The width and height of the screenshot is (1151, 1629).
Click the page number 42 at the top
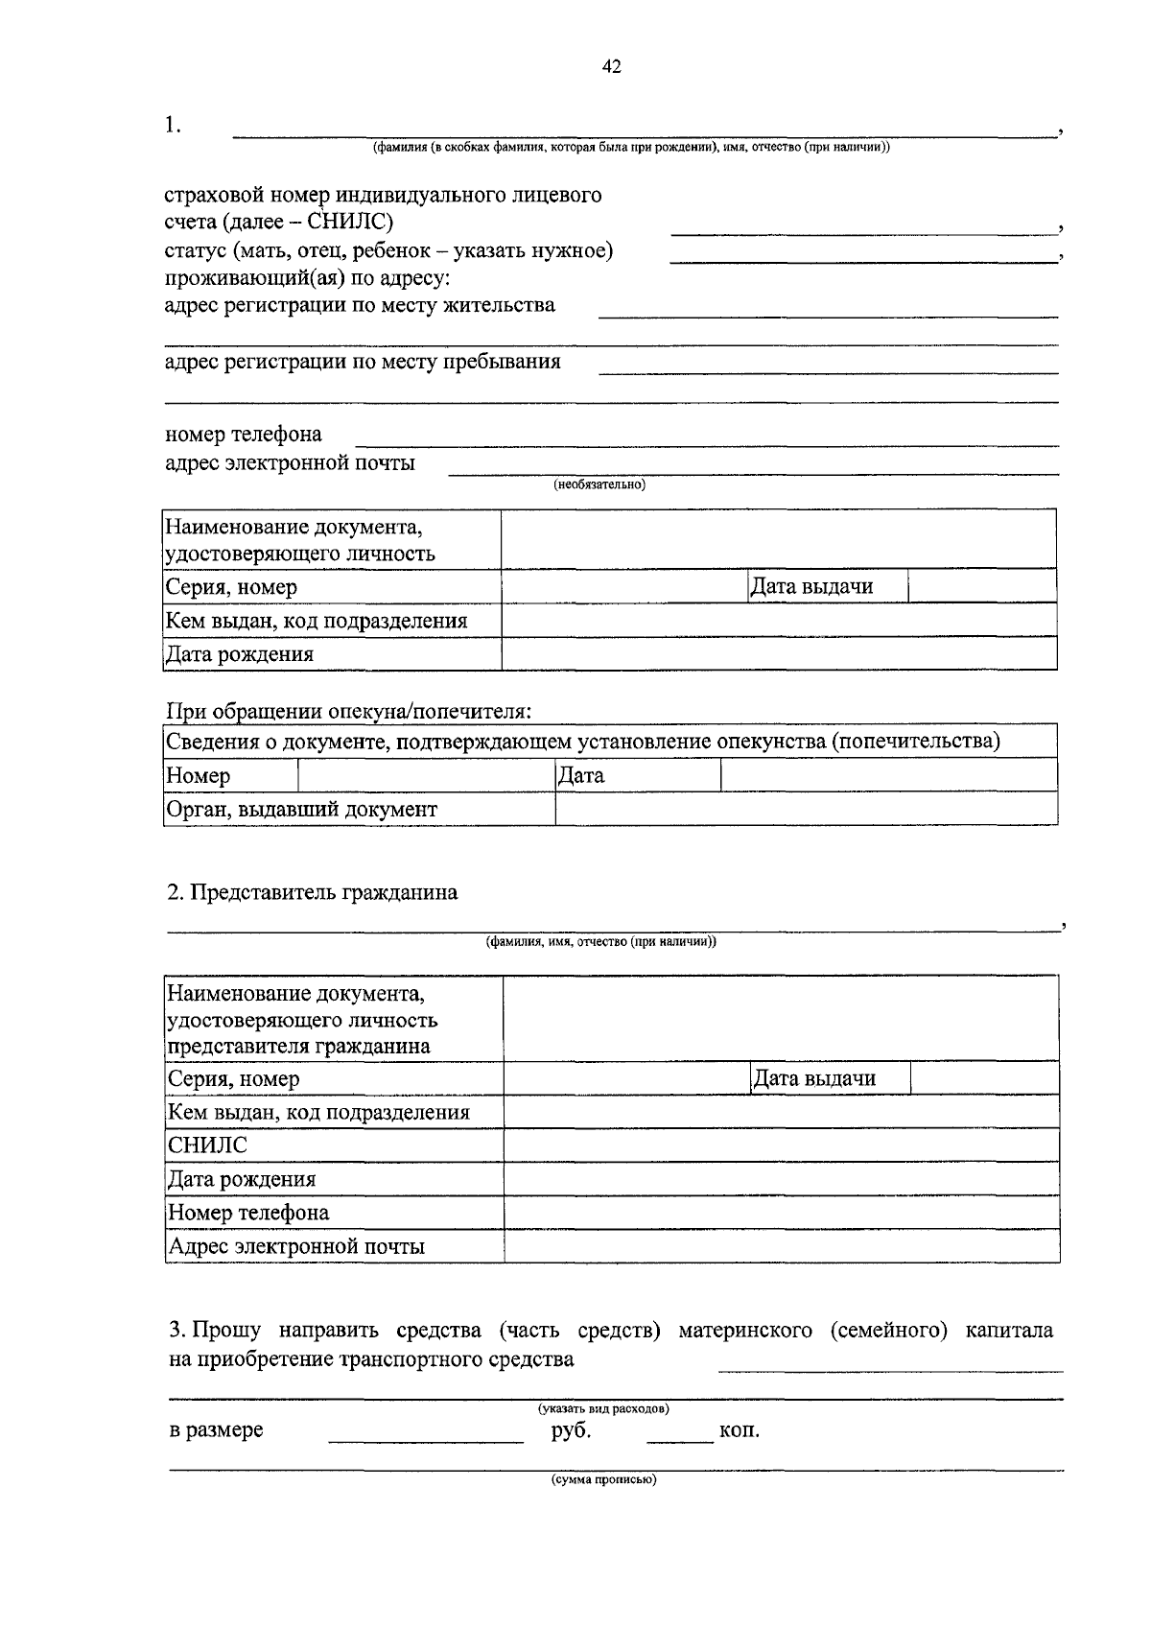(x=612, y=66)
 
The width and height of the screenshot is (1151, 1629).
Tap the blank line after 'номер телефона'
(x=707, y=443)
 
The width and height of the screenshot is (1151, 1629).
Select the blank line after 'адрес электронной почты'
(x=754, y=472)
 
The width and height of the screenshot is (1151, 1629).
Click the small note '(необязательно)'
(x=599, y=485)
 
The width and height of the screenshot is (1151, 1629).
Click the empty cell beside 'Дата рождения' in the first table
(x=778, y=654)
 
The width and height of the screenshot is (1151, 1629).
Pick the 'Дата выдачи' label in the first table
(x=811, y=586)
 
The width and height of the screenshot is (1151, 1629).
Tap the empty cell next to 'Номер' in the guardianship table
(x=426, y=775)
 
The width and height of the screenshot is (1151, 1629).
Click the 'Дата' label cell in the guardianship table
(x=581, y=775)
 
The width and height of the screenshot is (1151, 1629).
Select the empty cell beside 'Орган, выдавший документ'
(x=806, y=809)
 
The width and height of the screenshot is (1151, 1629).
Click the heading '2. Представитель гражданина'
(x=313, y=892)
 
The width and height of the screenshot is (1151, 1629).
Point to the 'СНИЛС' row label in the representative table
(x=207, y=1145)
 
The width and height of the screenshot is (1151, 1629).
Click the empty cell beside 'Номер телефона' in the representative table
(x=781, y=1213)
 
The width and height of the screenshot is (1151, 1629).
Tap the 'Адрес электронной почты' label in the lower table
(x=296, y=1246)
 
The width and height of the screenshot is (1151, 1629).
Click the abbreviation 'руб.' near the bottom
(x=572, y=1430)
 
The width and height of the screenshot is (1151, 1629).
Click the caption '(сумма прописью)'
(x=603, y=1480)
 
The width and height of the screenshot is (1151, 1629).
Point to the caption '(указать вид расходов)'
(x=603, y=1408)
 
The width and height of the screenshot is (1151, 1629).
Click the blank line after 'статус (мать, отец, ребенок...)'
(x=861, y=260)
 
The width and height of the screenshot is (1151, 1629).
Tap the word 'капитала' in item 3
(x=1009, y=1331)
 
